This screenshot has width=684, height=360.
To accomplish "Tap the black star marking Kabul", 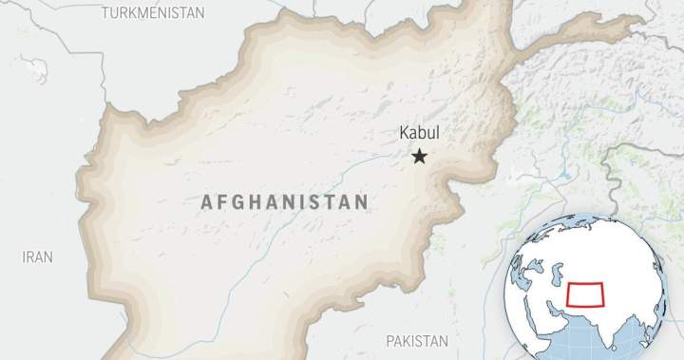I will pos(419,156).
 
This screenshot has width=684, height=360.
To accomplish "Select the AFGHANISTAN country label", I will pos(284,201).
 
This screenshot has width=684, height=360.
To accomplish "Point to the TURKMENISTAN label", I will pos(153,12).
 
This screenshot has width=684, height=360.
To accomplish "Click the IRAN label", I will pos(38,256).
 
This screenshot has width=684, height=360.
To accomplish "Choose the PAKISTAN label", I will pos(416,340).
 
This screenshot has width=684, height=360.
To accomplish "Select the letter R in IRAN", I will pos(31,256).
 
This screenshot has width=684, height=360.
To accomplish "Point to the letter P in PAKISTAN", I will pos(389,340).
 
